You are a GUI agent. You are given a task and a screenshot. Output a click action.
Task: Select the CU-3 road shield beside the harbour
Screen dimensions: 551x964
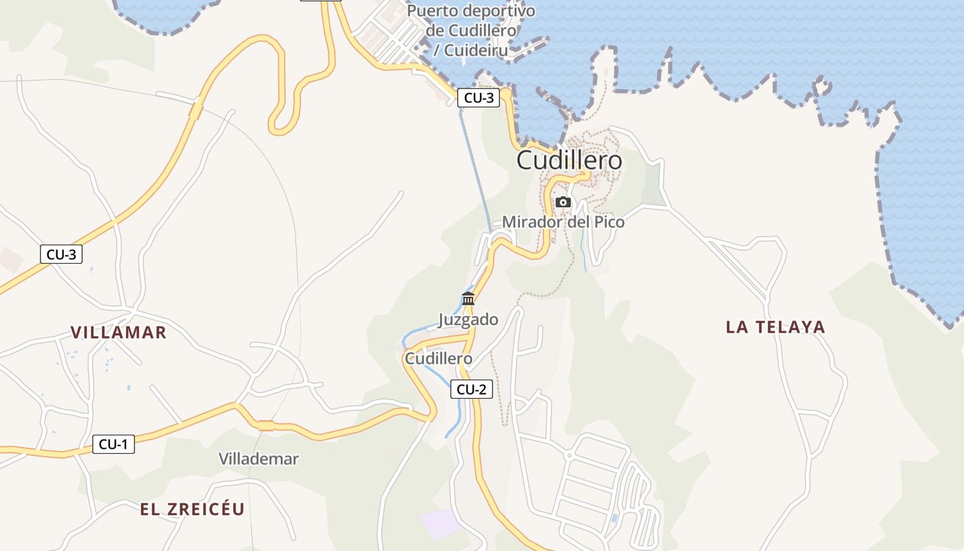[479, 98]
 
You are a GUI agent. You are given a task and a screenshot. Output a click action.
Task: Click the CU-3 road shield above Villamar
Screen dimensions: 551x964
[61, 254]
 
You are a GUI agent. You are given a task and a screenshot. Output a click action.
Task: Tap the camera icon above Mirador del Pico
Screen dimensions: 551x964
[563, 202]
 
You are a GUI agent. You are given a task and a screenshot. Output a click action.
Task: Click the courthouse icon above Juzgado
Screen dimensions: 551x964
[468, 299]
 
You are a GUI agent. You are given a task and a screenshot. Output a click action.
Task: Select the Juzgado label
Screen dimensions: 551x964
[468, 320]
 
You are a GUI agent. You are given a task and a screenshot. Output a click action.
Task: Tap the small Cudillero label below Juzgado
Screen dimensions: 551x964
[439, 359]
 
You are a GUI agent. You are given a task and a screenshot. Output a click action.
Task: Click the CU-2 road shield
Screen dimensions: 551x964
[472, 389]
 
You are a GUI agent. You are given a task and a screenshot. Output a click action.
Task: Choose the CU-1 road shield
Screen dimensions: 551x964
[114, 444]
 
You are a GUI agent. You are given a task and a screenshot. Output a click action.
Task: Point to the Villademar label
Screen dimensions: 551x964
[258, 459]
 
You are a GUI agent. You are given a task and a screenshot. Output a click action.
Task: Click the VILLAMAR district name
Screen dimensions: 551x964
[118, 333]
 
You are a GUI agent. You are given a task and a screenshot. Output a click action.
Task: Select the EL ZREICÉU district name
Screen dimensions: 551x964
[192, 510]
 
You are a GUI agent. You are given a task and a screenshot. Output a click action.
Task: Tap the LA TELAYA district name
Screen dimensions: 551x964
[775, 327]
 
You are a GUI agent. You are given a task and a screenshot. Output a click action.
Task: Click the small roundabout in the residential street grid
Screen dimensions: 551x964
[569, 455]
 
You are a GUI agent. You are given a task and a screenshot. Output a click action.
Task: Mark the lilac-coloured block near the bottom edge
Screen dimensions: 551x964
[441, 524]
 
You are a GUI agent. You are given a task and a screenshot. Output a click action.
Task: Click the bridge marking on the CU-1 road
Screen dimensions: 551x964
[266, 426]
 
